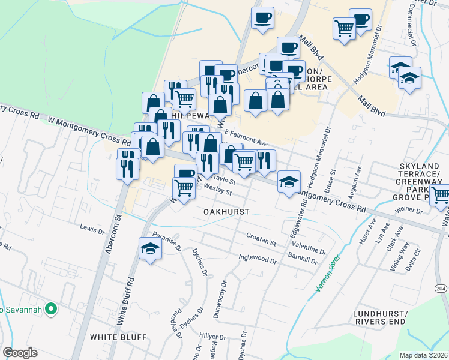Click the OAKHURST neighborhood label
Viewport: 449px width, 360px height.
tap(226, 212)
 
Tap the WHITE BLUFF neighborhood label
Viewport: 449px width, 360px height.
tap(118, 337)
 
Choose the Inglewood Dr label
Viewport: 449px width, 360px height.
tap(258, 261)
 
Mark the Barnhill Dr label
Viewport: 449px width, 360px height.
tap(302, 259)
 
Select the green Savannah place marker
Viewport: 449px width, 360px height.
tap(52, 310)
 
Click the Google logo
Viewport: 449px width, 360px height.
tap(20, 353)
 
